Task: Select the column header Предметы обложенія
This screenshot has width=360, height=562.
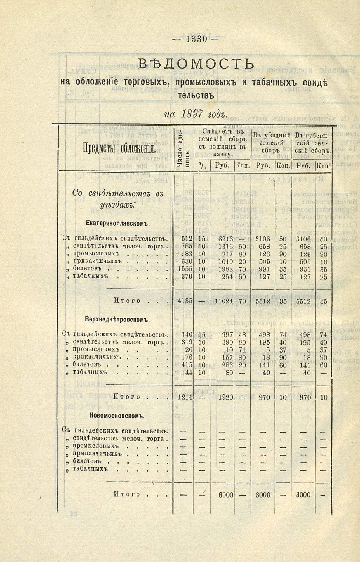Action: click(119, 148)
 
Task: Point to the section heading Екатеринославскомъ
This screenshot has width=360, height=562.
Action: click(117, 224)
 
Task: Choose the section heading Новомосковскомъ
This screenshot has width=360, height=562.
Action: click(117, 415)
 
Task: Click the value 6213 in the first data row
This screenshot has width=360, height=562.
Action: click(225, 239)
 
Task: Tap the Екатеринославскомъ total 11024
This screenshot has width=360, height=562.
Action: click(224, 301)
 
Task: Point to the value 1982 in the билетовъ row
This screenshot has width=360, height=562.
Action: click(225, 268)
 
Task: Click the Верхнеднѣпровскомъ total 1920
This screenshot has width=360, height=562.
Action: click(226, 397)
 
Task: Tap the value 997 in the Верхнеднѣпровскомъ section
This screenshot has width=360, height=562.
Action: click(227, 335)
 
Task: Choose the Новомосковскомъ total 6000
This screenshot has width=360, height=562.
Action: click(226, 495)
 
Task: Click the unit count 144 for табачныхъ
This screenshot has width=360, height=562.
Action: click(187, 372)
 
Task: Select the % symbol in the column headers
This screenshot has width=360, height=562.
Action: click(201, 165)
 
